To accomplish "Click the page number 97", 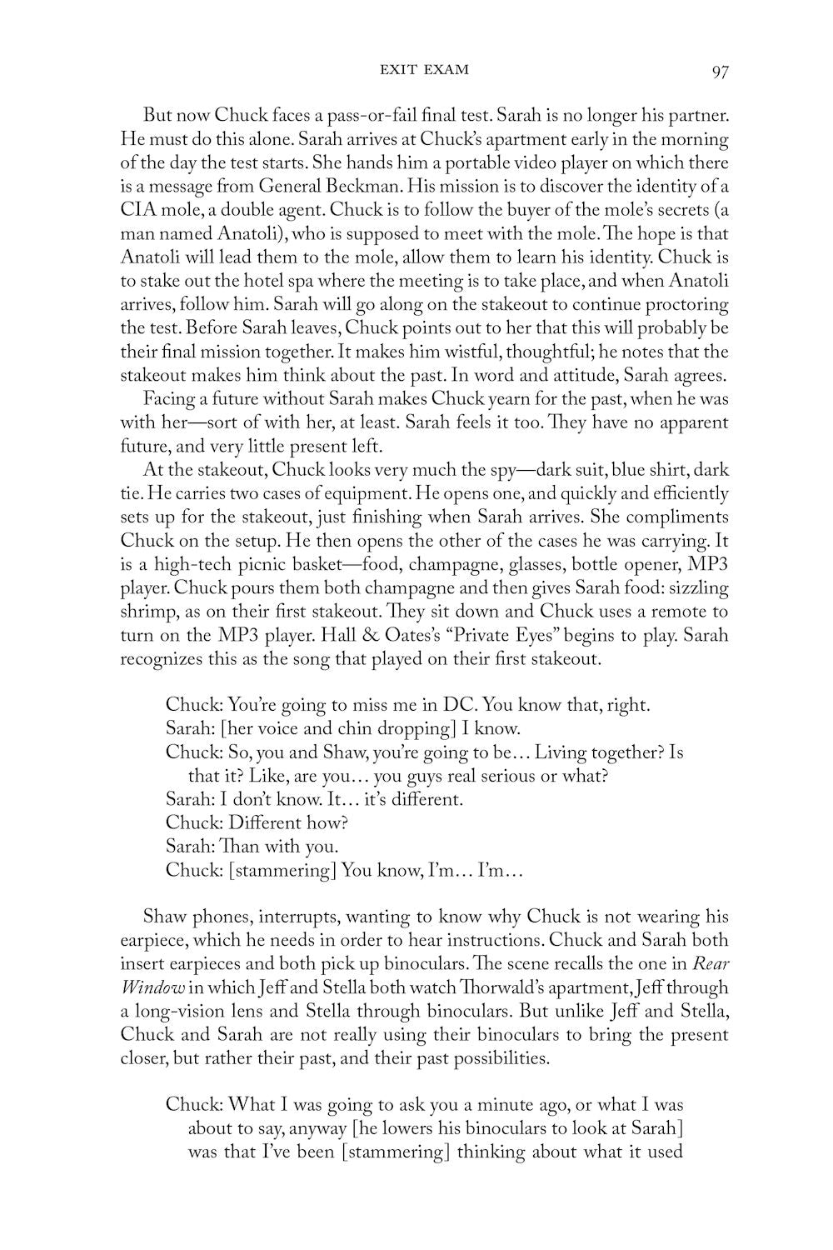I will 721,71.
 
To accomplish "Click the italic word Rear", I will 711,965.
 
